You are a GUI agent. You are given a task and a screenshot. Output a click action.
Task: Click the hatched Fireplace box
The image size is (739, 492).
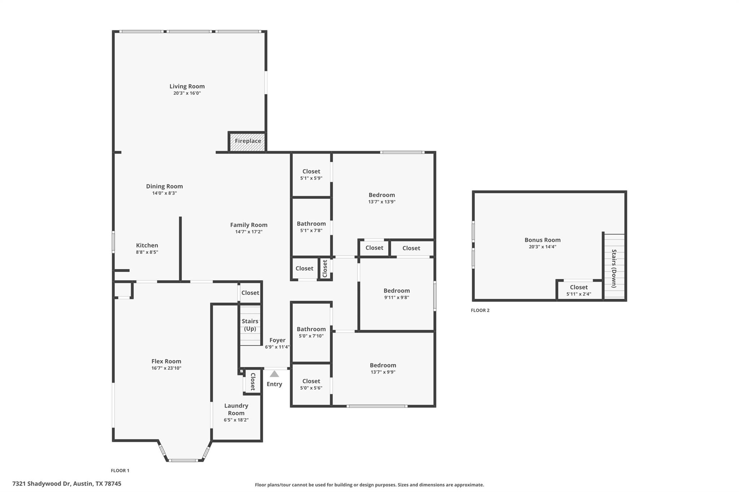click(248, 141)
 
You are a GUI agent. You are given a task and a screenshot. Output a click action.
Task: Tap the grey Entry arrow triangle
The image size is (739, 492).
click(274, 374)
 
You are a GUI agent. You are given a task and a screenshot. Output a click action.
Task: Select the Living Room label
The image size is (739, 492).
click(187, 87)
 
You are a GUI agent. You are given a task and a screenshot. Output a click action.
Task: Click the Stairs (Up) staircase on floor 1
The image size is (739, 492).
click(250, 325)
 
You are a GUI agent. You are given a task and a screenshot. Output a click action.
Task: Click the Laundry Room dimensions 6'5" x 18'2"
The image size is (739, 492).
click(236, 420)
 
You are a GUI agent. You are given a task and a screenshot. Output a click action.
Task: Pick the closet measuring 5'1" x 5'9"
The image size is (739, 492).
click(311, 175)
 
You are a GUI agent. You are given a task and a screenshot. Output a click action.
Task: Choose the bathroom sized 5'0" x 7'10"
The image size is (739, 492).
click(311, 332)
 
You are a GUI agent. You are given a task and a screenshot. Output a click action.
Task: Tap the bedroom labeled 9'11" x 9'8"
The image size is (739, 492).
click(396, 294)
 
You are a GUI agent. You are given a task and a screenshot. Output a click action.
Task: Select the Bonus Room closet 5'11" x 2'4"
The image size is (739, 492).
click(579, 291)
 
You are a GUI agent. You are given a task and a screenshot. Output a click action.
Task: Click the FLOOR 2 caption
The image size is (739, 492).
click(480, 310)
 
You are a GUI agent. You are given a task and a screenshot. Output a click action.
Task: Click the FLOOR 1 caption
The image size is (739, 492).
click(120, 470)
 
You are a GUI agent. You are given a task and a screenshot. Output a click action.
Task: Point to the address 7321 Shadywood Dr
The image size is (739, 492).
click(67, 484)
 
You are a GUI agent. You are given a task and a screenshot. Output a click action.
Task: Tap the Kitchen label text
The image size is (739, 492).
click(147, 245)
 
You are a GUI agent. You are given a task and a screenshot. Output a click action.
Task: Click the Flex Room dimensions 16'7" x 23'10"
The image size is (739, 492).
click(166, 368)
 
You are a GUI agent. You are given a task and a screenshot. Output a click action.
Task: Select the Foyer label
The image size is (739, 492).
click(277, 340)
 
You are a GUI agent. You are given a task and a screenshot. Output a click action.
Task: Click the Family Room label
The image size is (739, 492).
click(249, 225)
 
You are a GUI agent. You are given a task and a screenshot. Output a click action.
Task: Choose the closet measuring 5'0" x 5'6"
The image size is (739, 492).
click(311, 385)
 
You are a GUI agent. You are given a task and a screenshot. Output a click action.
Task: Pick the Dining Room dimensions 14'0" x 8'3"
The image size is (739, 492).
click(164, 193)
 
